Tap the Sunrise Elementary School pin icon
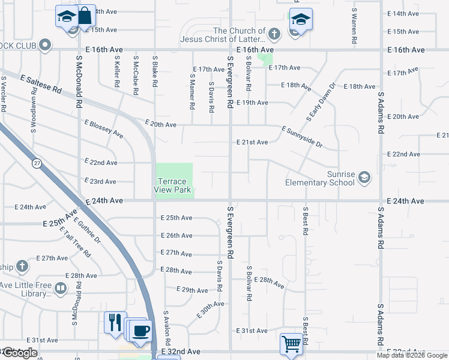pos(364,177)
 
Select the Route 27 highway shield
pos(37,163)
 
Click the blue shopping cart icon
pos(291,344)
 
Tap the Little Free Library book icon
pos(60,289)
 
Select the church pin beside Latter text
pos(274,34)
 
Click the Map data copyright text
pos(411,355)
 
